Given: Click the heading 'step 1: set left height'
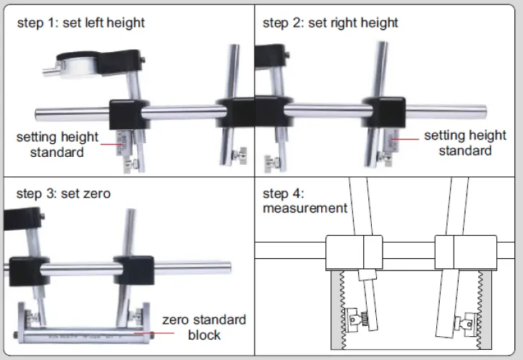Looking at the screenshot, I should pyautogui.click(x=81, y=22).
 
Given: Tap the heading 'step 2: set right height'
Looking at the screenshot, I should pyautogui.click(x=331, y=22).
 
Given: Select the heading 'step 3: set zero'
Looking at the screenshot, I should pyautogui.click(x=64, y=193).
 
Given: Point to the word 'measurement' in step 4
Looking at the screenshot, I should pyautogui.click(x=305, y=208).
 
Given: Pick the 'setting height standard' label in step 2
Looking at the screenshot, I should pyautogui.click(x=464, y=142).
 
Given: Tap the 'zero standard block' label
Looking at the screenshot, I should pyautogui.click(x=204, y=327).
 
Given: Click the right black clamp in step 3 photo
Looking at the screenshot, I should pyautogui.click(x=132, y=269).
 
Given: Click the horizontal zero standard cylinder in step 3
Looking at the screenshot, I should pyautogui.click(x=82, y=335).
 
